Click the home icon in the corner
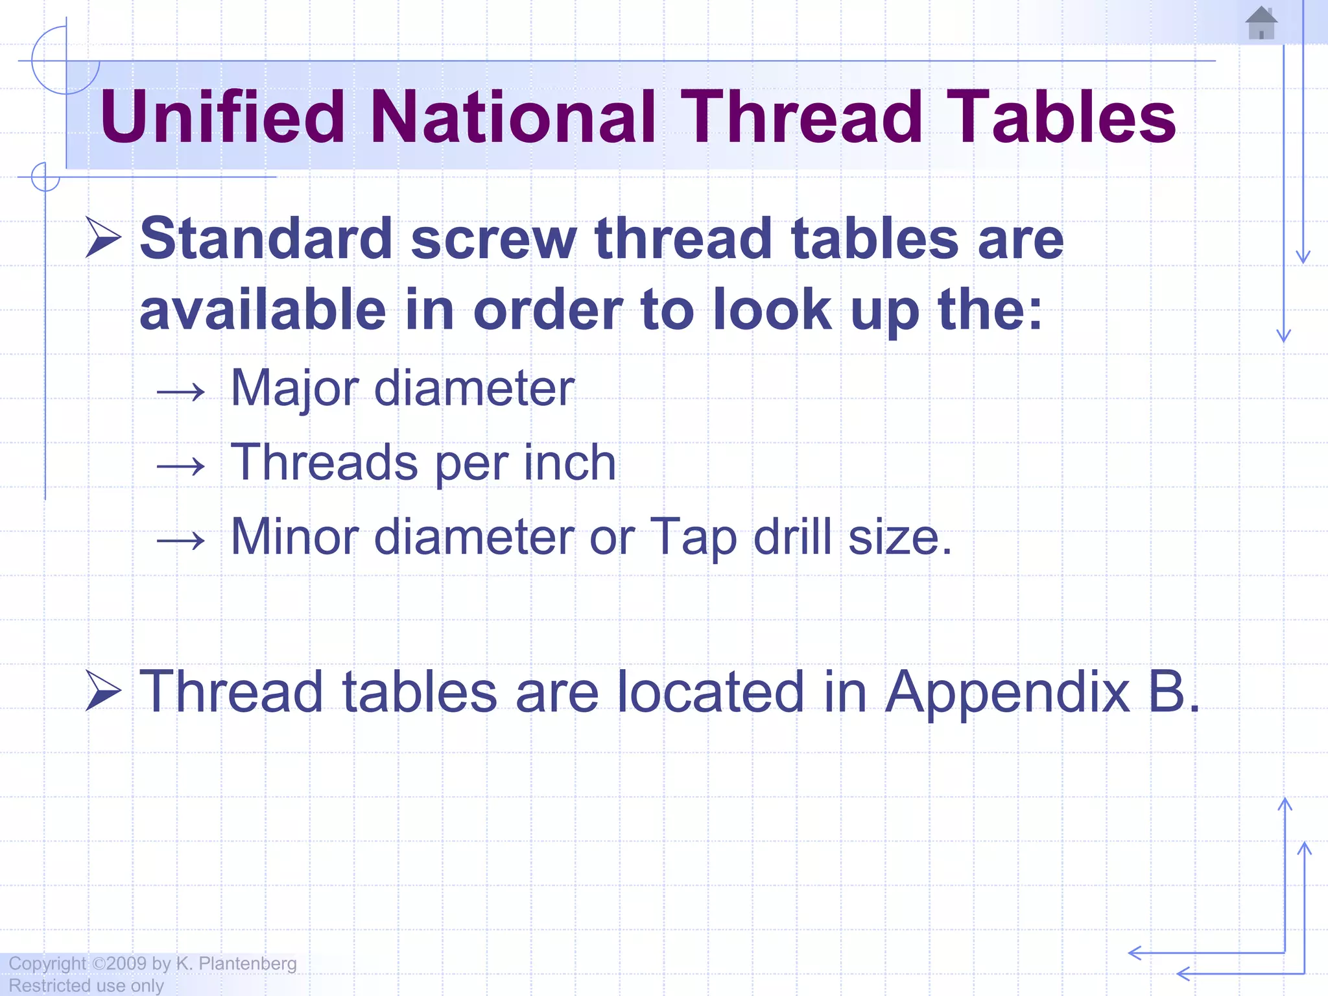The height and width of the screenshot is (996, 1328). point(1261,23)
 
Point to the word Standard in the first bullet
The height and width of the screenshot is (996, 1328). point(266,239)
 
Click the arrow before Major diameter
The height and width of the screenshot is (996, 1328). point(181,392)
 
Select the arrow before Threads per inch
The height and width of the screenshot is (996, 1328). point(181,466)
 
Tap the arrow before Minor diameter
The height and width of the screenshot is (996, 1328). point(181,539)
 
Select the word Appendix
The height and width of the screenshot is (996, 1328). point(1008,692)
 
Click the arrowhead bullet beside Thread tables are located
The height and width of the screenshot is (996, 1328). point(103,691)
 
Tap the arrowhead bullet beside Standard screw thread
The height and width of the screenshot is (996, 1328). point(103,238)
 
